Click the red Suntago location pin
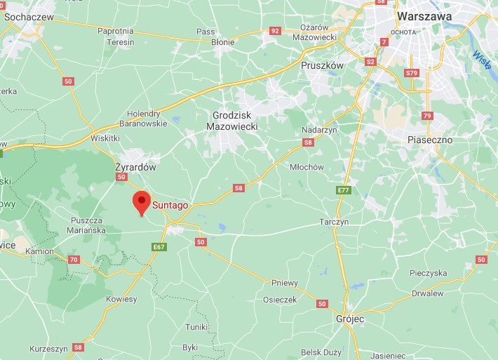[x=141, y=202]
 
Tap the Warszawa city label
[x=424, y=15]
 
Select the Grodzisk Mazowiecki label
[x=232, y=120]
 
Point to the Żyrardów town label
[x=135, y=168]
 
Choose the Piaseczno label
[x=430, y=140]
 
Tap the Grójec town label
[x=349, y=319]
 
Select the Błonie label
[x=223, y=42]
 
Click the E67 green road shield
[x=159, y=246]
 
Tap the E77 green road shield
[x=343, y=190]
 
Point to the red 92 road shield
[x=275, y=31]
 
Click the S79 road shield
[x=412, y=73]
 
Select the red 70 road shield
[x=74, y=260]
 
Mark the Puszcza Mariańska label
[x=88, y=225]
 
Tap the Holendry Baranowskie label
[x=147, y=118]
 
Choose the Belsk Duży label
[x=321, y=352]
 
